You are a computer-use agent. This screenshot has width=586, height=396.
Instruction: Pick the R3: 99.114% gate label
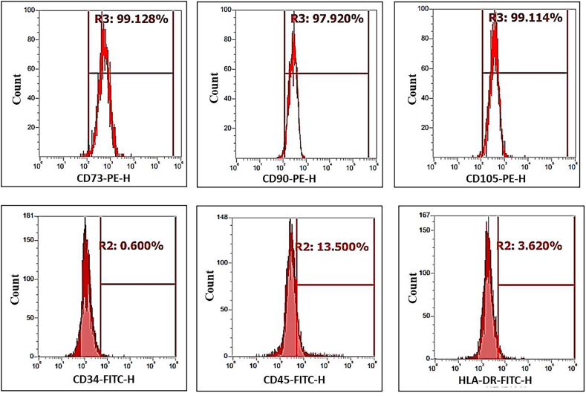click(525, 18)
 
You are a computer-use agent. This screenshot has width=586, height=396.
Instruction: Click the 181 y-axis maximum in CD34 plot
click(29, 216)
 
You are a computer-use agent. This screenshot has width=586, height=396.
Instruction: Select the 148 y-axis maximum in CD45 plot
click(223, 218)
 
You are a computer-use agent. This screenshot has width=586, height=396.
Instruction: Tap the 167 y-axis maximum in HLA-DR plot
click(426, 216)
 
